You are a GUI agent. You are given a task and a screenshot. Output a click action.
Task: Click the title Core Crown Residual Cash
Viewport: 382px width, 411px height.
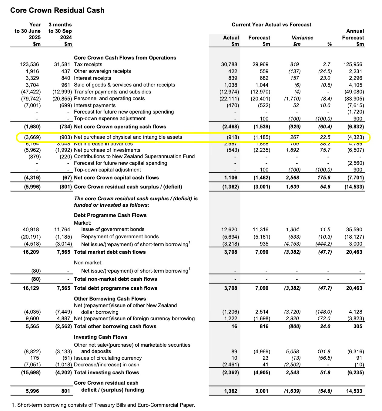pos(57,10)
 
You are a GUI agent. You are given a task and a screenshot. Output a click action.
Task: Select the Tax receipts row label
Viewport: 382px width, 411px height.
pos(88,64)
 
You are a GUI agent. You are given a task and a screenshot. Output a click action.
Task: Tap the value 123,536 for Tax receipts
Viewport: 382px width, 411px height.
pos(30,64)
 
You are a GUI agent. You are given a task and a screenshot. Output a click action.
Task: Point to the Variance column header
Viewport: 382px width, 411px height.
pos(302,38)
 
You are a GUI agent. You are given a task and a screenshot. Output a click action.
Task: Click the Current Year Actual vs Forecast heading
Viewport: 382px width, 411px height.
pos(271,25)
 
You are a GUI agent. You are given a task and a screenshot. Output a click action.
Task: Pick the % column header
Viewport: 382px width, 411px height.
pos(329,44)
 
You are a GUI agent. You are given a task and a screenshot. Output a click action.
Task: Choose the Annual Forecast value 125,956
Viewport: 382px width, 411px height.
pos(353,64)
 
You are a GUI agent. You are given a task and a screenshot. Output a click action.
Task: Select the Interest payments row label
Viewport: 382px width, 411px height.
pos(95,105)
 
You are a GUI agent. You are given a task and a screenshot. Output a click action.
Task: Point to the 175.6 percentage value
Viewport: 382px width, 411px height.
pos(325,178)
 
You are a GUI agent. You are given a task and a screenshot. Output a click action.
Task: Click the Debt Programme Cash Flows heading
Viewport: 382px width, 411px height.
pos(110,215)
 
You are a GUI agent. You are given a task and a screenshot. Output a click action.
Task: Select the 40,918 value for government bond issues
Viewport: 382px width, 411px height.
pos(31,229)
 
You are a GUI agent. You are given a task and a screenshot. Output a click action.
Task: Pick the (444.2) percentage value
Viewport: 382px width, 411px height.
pos(323,244)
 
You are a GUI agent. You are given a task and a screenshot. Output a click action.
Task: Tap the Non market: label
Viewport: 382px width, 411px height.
pos(88,263)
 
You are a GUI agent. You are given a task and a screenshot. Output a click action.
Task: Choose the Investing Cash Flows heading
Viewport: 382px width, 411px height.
pos(100,337)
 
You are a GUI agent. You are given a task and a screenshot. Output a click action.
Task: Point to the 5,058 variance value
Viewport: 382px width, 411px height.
pos(292,352)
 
